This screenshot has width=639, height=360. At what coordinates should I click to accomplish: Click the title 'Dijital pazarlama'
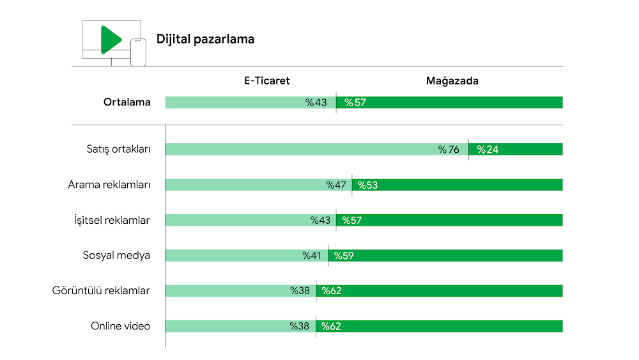[x=205, y=39]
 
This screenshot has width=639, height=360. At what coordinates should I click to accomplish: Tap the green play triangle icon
[x=110, y=39]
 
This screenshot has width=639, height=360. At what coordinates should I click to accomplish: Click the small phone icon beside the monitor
[x=138, y=52]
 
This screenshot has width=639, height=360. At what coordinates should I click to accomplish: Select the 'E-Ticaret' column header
[x=266, y=81]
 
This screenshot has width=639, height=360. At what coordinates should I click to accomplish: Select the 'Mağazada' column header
[x=452, y=81]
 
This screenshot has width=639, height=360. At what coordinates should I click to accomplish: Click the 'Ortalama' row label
[x=127, y=102]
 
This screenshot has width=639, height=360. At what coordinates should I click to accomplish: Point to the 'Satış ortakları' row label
[x=118, y=150]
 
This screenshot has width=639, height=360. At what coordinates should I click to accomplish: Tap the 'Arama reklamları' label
[x=109, y=185]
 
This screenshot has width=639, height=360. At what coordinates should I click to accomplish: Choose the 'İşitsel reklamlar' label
[x=112, y=220]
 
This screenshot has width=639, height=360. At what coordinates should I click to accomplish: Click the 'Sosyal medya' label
[x=116, y=255]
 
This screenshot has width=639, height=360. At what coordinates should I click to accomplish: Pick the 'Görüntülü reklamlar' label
[x=101, y=291]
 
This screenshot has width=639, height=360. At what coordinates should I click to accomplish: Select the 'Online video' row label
[x=120, y=326]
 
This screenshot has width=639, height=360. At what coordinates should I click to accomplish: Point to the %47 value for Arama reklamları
[x=336, y=185]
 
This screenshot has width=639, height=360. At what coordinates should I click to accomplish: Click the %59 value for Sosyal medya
[x=344, y=256]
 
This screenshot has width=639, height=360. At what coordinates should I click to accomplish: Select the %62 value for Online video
[x=331, y=326]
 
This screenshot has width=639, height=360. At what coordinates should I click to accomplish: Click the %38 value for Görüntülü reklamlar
[x=300, y=291]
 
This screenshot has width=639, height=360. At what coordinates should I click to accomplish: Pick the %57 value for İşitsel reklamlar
[x=352, y=220]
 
